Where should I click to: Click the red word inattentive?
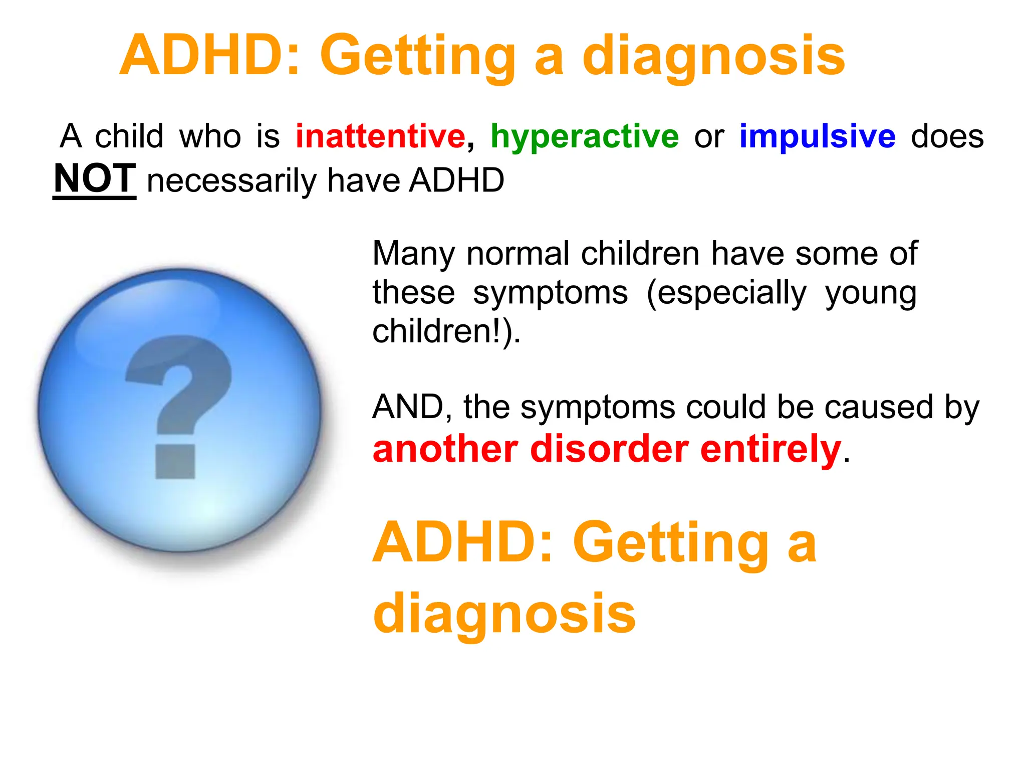380,136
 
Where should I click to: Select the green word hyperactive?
584,136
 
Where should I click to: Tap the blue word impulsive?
817,136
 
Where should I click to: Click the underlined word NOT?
95,178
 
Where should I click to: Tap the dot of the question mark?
175,461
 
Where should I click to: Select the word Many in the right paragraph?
414,254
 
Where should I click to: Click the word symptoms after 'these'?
550,293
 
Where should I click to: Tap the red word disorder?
609,449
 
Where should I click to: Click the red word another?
445,449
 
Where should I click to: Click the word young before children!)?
870,294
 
